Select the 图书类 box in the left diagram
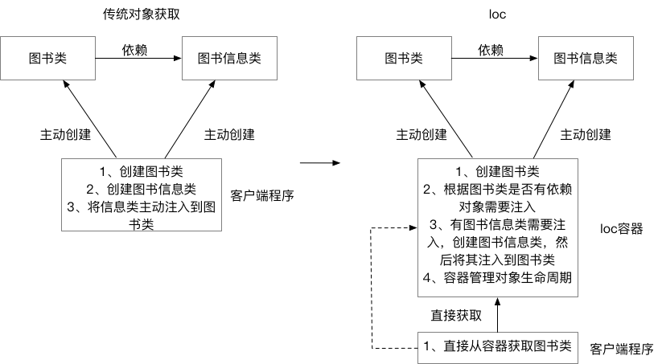click(49, 58)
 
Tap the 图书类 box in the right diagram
click(404, 58)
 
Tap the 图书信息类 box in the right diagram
click(585, 58)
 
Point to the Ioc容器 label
click(621, 228)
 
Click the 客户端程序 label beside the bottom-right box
click(621, 350)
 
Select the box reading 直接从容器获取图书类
click(497, 346)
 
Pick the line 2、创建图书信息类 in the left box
click(141, 190)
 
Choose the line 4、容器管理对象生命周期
click(496, 278)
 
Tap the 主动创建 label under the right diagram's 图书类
click(419, 133)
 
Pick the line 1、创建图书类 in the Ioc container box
click(496, 171)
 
